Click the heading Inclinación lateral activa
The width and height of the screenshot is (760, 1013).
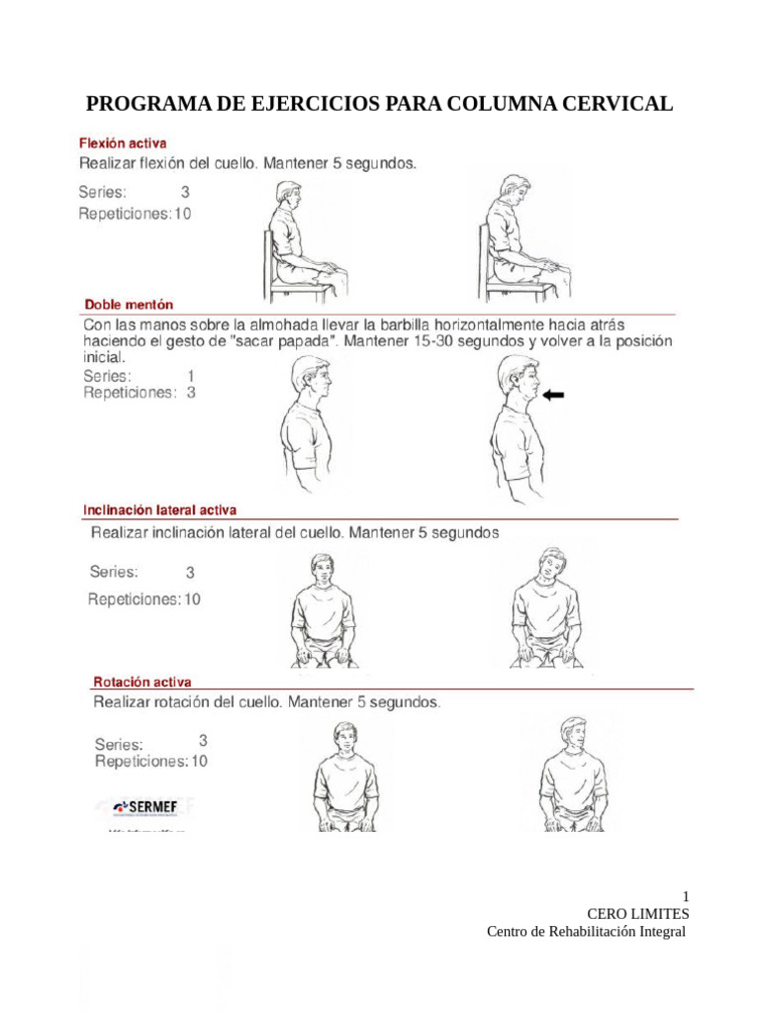point(159,510)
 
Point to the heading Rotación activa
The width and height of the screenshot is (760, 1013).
point(142,682)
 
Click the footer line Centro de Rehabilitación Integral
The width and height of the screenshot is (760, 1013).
point(587,932)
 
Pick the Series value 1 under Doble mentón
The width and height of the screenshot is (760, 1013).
point(191,376)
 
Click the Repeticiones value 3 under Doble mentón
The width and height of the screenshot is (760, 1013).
point(191,392)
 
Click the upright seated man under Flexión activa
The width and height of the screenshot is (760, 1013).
point(302,237)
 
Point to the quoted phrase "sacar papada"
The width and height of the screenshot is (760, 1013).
point(274,341)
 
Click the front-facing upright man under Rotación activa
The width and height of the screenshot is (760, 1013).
point(343,777)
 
